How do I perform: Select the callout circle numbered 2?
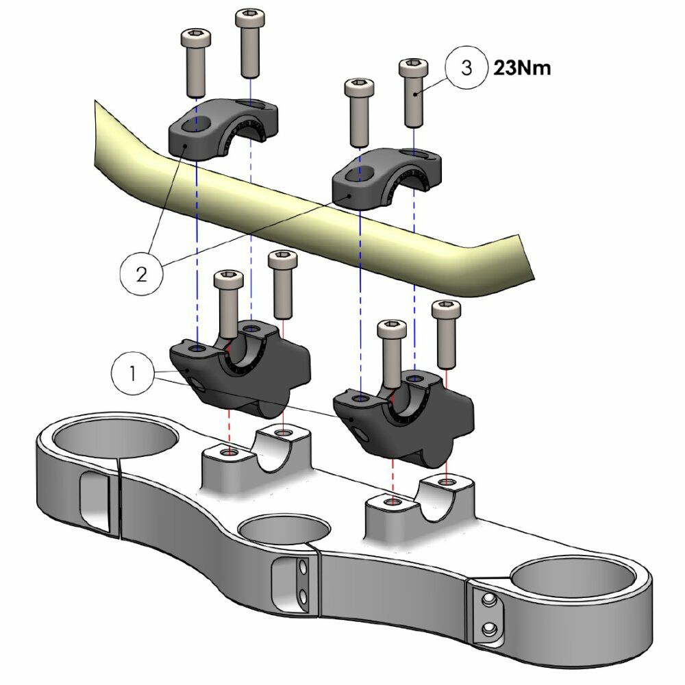click(141, 273)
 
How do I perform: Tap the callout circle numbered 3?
click(466, 68)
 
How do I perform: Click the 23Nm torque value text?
click(522, 68)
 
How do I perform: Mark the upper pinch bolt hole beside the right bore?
click(488, 601)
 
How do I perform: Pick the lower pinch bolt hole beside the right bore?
click(488, 628)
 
